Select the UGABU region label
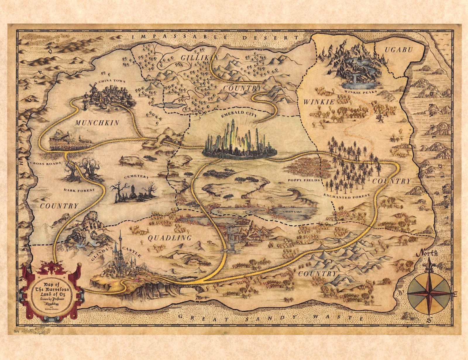pyautogui.click(x=399, y=50)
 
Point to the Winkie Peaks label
pyautogui.click(x=361, y=92)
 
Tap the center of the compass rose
pyautogui.click(x=429, y=293)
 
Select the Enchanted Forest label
pyautogui.click(x=346, y=196)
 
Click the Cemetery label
pyautogui.click(x=136, y=177)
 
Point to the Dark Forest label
pyautogui.click(x=79, y=190)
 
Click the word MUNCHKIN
pyautogui.click(x=97, y=123)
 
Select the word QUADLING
pyautogui.click(x=169, y=238)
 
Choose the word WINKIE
pyautogui.click(x=319, y=102)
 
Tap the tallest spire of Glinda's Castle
pyautogui.click(x=120, y=234)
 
